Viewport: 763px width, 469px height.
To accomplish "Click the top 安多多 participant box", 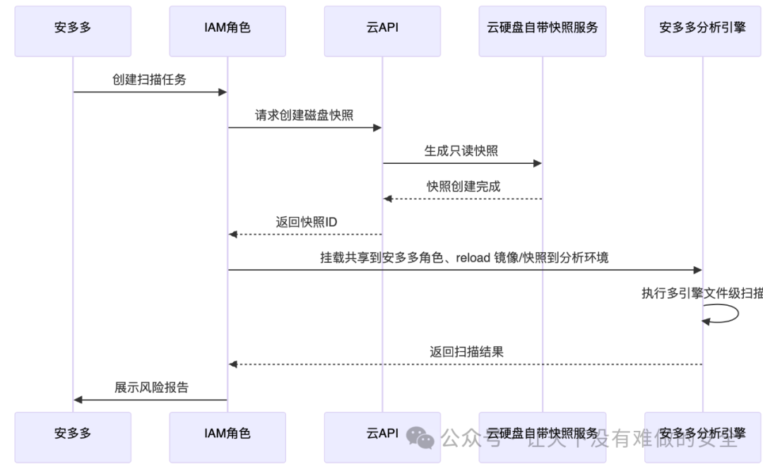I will coord(73,31).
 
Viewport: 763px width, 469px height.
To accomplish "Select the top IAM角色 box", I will coord(227,31).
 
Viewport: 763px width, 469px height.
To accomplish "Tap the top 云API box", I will coord(382,31).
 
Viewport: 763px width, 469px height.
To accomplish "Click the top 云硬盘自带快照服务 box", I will coord(542,31).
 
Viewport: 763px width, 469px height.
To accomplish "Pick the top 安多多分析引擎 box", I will coord(702,31).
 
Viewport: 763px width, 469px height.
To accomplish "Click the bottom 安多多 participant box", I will coord(73,433).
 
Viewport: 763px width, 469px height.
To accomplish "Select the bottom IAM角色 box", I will coord(227,433).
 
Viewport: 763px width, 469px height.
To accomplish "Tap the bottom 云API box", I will coord(382,433).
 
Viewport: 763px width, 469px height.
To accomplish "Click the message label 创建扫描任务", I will coord(149,80).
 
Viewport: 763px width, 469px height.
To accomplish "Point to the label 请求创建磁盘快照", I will coord(304,115).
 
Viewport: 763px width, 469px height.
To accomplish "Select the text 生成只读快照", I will coord(461,151).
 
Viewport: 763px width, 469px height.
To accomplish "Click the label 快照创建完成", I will coord(463,186).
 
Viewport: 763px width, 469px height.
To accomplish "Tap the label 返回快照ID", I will coord(306,222).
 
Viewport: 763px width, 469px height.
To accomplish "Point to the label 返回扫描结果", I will coord(466,352).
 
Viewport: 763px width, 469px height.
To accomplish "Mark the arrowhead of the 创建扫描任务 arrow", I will coord(222,92).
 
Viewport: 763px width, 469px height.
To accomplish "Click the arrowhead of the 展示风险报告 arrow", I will coord(78,400).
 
